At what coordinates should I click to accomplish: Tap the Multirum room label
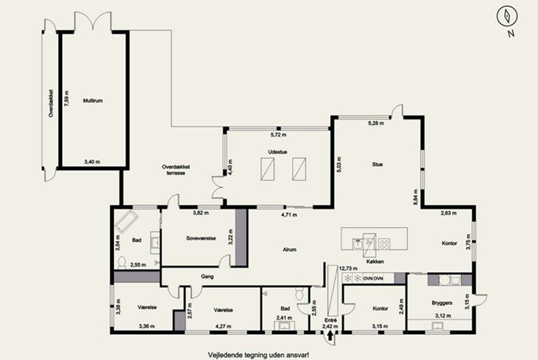[x=92, y=101]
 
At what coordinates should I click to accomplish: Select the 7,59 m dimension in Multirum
[x=67, y=99]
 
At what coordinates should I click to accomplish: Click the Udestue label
[x=278, y=152]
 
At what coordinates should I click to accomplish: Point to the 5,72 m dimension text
[x=278, y=134]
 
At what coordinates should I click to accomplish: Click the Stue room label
[x=377, y=164]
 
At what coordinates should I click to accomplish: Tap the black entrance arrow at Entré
[x=330, y=335]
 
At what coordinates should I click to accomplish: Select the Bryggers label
[x=442, y=303]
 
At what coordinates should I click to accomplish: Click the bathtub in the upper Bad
[x=127, y=222]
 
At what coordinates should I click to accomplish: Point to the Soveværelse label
[x=201, y=238]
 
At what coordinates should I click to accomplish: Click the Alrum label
[x=289, y=249]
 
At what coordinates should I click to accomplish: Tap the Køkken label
[x=375, y=261]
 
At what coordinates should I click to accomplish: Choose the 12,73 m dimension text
[x=348, y=268]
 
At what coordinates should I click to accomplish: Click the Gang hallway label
[x=207, y=276]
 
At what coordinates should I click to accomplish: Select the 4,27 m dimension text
[x=223, y=326]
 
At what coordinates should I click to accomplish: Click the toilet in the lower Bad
[x=300, y=293]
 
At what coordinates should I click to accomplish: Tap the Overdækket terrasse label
[x=176, y=170]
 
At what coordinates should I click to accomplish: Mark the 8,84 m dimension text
[x=416, y=197]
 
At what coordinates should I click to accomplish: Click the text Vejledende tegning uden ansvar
[x=259, y=354]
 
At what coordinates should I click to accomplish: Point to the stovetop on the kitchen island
[x=384, y=244]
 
